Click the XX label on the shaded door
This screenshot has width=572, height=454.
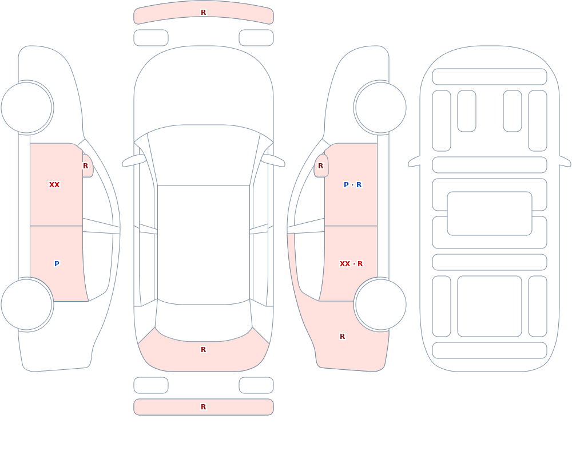point(54,185)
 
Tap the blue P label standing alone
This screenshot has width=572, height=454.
point(57,264)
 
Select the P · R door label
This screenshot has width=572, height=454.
point(352,185)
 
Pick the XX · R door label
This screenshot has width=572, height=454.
point(351,264)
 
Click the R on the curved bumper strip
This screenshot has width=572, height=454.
point(204,13)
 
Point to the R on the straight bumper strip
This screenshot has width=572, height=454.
point(204,407)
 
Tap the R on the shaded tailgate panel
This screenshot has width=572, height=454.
point(204,350)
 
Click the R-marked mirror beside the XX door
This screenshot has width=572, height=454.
point(88,166)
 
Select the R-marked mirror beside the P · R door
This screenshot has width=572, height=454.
point(321,166)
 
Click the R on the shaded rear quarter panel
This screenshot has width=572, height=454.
point(342,337)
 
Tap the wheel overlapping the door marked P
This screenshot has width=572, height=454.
point(27,304)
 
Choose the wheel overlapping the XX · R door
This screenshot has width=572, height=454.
point(380,304)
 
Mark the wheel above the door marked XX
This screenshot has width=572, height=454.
point(27,108)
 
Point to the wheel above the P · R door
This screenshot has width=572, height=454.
point(380,108)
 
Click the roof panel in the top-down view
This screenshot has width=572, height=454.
point(204,243)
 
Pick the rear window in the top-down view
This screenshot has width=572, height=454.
point(204,321)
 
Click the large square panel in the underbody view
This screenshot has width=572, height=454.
point(490,306)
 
